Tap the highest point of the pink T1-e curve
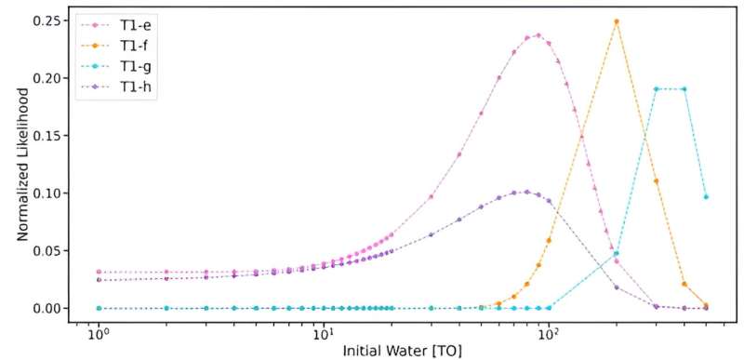click(538, 35)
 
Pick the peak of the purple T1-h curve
click(526, 192)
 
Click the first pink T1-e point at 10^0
click(99, 272)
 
